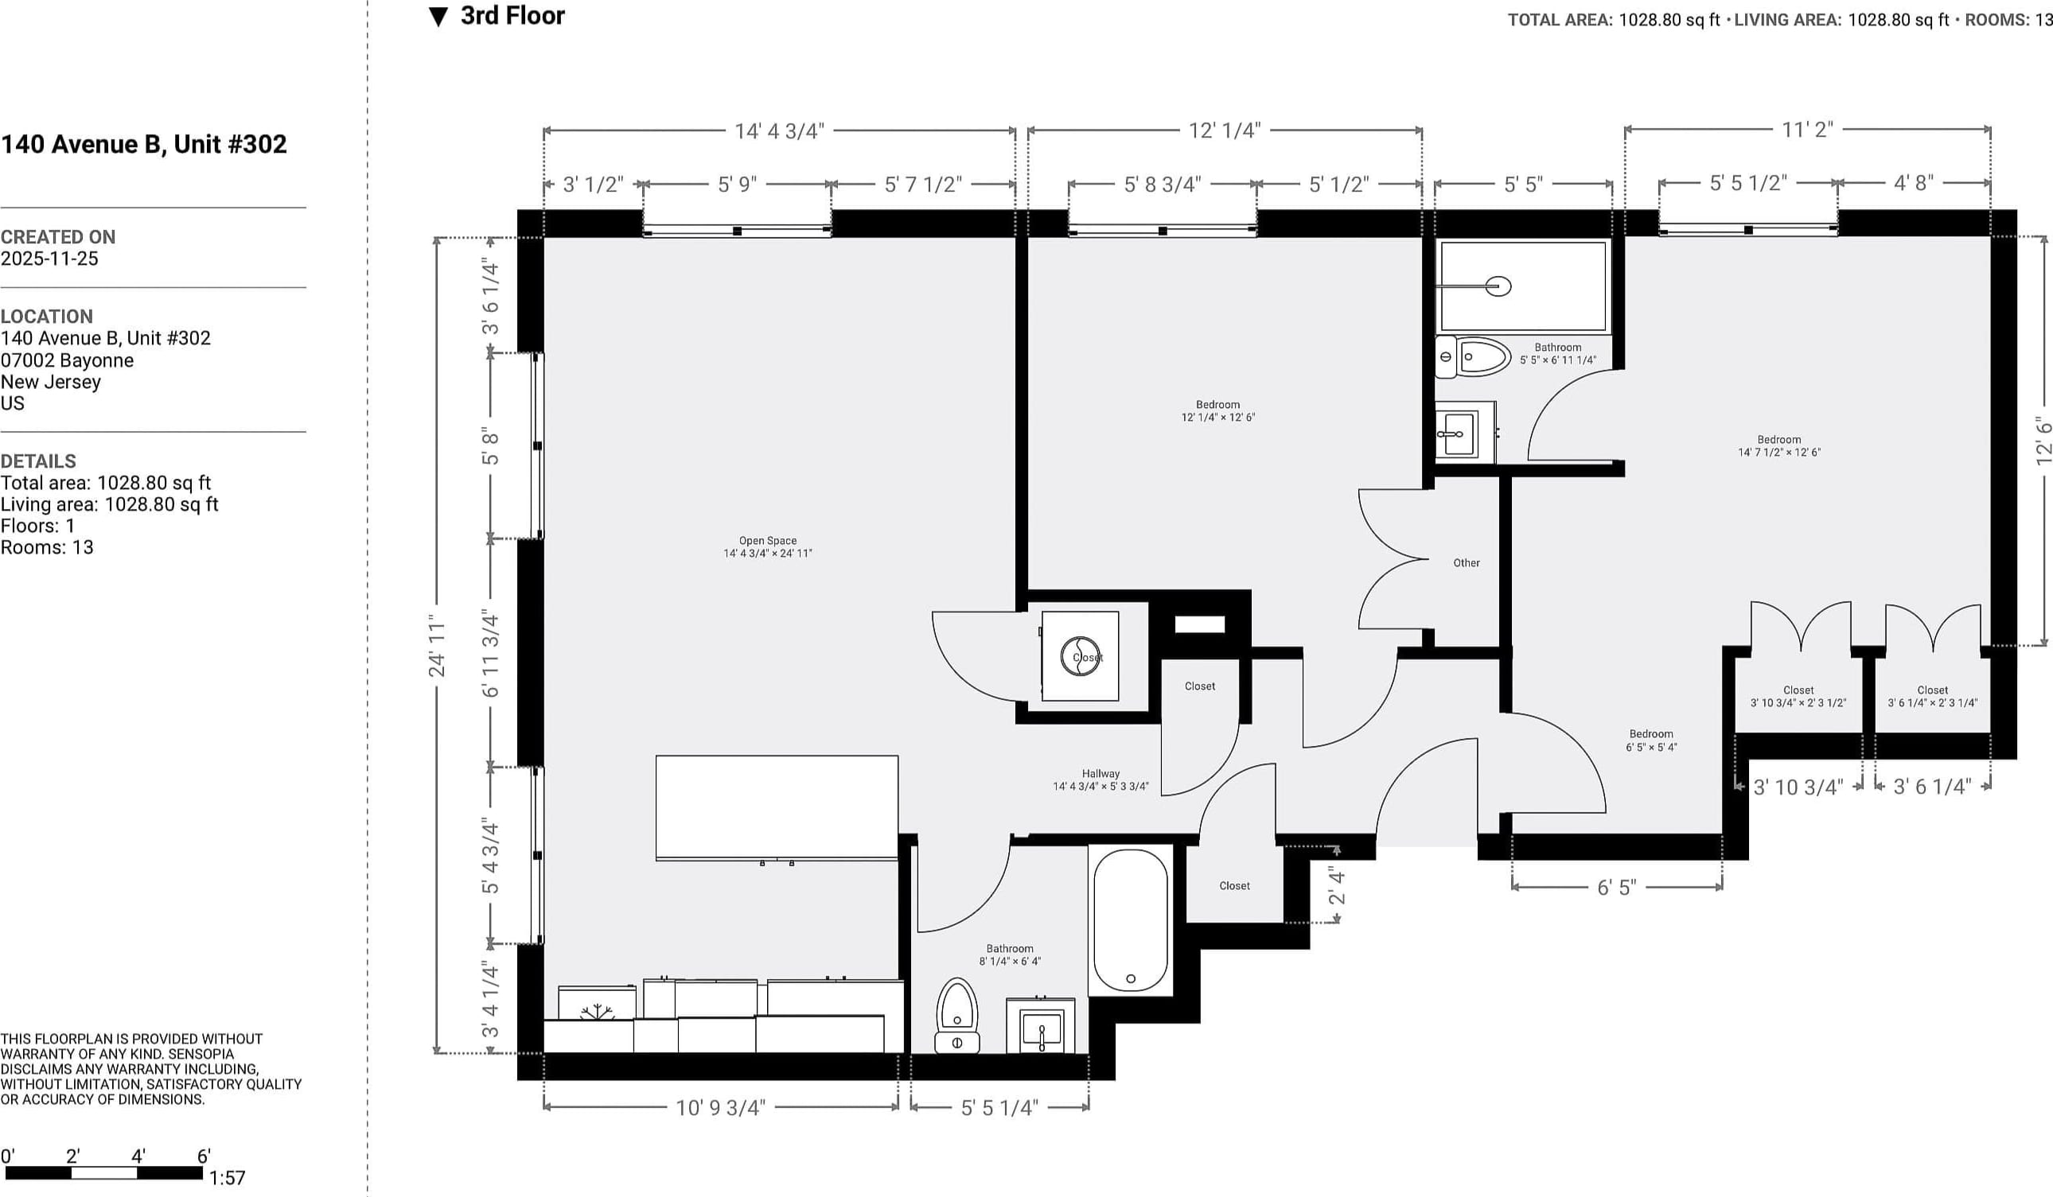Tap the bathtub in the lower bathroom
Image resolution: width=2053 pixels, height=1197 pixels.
pos(1130,920)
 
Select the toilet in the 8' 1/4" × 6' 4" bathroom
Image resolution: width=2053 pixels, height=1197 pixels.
pos(957,1016)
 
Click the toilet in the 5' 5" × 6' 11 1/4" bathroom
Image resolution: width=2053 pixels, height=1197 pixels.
pos(1473,356)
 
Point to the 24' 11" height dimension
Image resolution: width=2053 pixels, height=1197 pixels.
pos(438,646)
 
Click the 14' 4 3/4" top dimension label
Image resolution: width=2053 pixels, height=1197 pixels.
pos(780,131)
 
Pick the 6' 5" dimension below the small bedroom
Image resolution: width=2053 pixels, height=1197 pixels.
pos(1616,887)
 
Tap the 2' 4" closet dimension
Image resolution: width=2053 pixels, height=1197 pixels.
pos(1337,886)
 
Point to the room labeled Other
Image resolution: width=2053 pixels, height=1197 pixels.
pos(1467,562)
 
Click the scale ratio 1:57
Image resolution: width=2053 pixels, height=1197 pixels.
pos(228,1177)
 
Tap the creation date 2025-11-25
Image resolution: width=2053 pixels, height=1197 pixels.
pos(49,258)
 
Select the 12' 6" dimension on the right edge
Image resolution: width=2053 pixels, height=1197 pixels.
pos(2043,441)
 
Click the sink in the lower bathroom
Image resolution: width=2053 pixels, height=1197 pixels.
pos(1041,1027)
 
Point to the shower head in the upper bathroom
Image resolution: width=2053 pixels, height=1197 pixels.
pos(1498,286)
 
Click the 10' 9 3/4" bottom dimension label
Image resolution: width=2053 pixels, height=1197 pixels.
pos(720,1107)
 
